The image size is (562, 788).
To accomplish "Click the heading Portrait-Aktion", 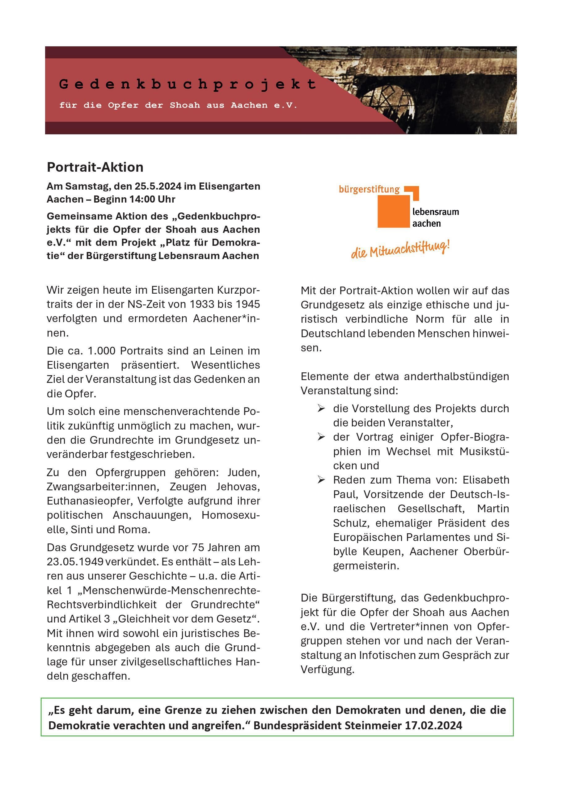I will coord(95,167).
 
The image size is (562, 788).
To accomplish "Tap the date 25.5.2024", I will coord(158,187).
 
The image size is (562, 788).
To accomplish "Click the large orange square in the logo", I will coord(393,212).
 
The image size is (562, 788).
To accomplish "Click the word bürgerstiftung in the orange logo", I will coord(369,190).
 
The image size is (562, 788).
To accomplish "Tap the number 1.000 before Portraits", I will coord(101,351).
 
